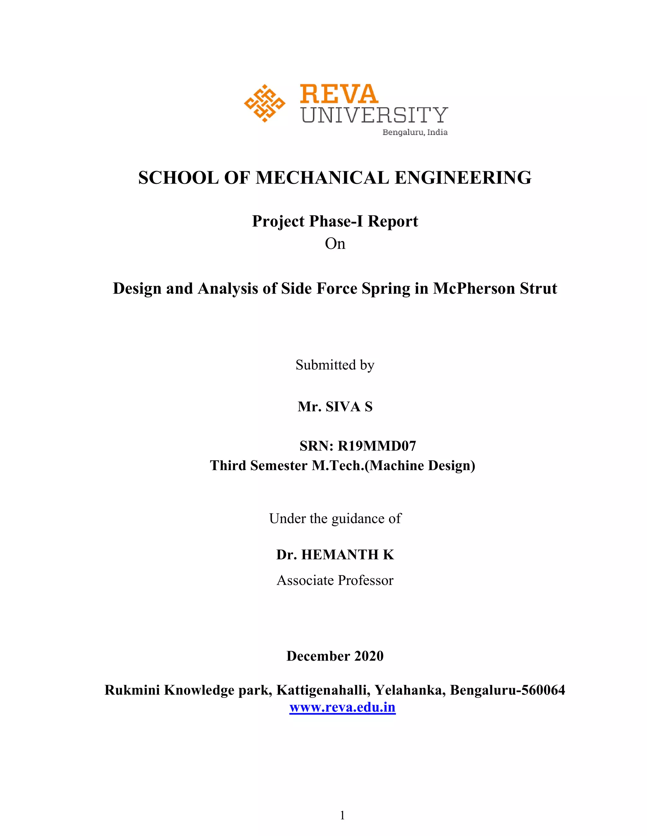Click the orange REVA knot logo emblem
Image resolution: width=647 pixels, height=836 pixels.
coord(264,103)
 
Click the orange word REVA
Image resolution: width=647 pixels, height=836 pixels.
coord(339,94)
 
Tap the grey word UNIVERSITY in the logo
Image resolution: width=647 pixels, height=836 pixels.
coord(374,115)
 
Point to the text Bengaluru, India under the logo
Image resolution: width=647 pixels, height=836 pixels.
coord(415,132)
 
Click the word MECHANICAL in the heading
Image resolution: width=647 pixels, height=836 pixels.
coord(322,178)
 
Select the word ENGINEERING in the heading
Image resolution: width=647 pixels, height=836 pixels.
coord(463,178)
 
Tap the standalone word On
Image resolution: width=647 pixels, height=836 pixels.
coord(335,244)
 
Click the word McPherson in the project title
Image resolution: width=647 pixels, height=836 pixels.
coord(474,288)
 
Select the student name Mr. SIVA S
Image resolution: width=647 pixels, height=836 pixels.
coord(335,407)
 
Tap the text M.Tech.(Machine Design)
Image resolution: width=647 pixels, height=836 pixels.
coord(393,465)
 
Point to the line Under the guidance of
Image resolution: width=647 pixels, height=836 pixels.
coord(335,518)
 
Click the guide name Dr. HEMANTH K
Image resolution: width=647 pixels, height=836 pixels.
coord(335,555)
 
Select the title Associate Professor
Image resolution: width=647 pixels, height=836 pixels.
coord(335,580)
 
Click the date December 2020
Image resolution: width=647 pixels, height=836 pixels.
coord(335,656)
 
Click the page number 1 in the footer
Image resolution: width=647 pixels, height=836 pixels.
coord(342,816)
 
